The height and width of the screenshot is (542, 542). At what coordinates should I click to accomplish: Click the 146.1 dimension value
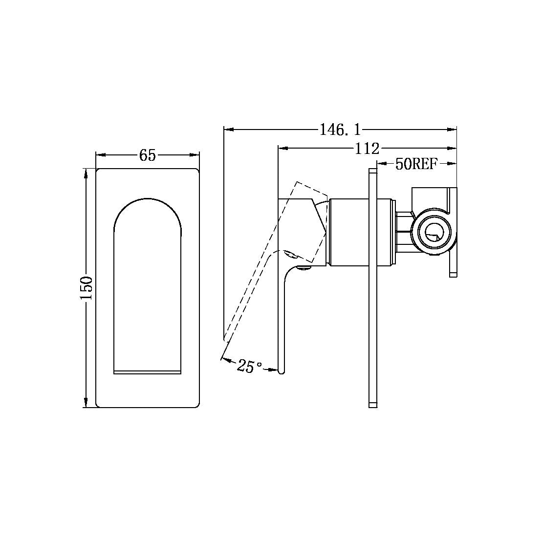pos(340,130)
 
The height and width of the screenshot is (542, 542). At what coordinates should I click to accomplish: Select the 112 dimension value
pos(367,148)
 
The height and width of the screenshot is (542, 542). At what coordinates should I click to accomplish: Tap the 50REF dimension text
pos(416,164)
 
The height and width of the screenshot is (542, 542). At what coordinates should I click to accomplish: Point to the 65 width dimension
pos(147,155)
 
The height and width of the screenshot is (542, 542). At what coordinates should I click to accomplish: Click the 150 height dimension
pos(87,288)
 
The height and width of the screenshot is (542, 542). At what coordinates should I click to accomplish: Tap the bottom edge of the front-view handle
pos(147,372)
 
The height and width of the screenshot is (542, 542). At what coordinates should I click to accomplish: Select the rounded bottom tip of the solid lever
pos(281,372)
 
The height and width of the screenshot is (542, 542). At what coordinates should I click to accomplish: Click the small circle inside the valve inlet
pos(433,233)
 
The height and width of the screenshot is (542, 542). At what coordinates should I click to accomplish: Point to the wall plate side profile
pos(372,288)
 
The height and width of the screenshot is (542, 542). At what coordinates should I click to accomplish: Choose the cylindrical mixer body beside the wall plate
pos(348,233)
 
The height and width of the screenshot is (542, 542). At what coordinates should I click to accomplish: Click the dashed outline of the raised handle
pos(254,274)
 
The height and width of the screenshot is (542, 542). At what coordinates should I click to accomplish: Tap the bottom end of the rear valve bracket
pos(453,275)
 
